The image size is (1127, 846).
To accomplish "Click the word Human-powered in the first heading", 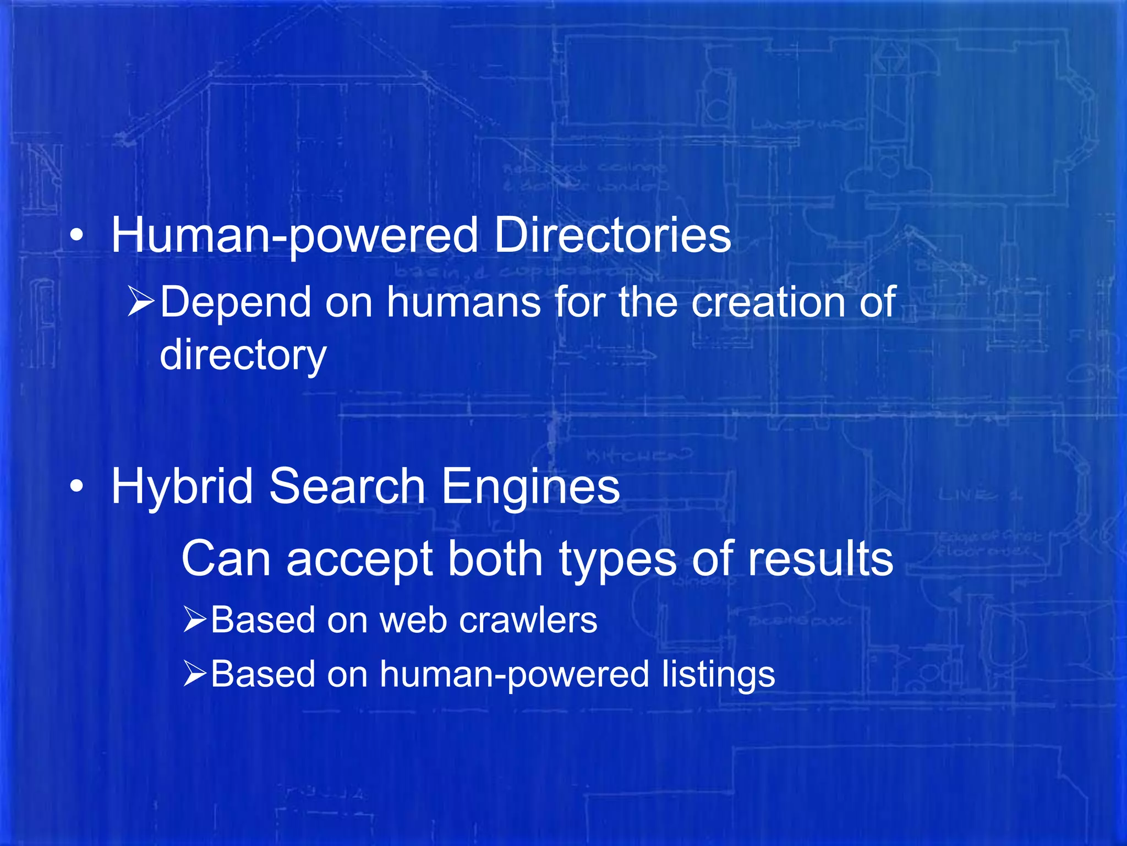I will click(294, 236).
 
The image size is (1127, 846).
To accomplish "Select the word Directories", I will click(612, 235).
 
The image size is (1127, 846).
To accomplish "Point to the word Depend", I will click(236, 303).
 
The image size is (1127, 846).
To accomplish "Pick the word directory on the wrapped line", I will click(243, 356).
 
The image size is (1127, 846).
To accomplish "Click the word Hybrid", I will click(182, 487).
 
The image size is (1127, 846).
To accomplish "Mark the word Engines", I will click(530, 487).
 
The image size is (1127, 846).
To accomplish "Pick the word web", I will click(413, 620).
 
